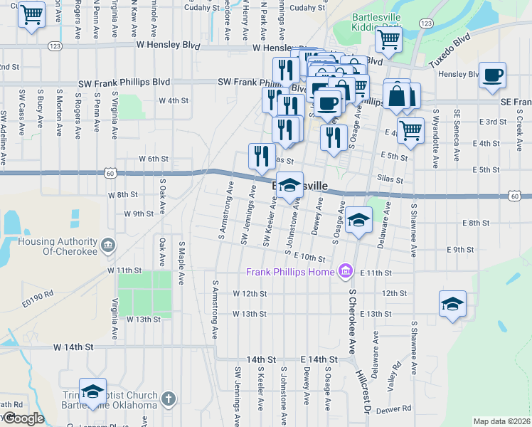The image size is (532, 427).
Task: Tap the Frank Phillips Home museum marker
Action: point(346,270)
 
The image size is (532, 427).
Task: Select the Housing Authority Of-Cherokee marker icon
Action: point(107,246)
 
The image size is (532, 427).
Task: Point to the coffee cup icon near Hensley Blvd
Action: point(492,75)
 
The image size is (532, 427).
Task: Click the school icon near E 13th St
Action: point(452,305)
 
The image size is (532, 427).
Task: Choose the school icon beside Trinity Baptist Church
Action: point(92,391)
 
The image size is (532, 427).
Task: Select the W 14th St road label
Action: point(74,347)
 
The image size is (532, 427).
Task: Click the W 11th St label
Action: point(125,270)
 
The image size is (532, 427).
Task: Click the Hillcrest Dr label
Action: point(365,392)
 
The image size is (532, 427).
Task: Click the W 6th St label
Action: point(154,159)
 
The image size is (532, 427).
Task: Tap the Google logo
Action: point(23,418)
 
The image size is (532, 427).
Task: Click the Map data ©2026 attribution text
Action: point(501,421)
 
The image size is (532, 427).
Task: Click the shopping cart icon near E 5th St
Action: point(410,130)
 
